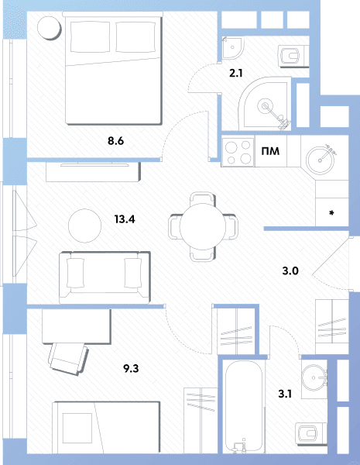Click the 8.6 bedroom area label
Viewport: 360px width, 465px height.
(115, 141)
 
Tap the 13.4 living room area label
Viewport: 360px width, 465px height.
(125, 219)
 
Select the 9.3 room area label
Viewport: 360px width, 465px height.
(131, 368)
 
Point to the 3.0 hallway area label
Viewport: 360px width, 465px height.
(290, 270)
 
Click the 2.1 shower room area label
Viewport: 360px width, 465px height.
(236, 73)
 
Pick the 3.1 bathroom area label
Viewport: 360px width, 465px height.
(285, 394)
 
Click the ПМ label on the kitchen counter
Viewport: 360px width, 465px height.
(270, 151)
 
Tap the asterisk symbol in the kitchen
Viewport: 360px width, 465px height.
(331, 213)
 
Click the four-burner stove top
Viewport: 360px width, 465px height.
(238, 152)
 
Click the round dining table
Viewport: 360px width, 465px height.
(203, 226)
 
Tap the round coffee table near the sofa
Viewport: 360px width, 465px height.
(84, 226)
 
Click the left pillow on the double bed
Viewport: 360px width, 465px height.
(90, 36)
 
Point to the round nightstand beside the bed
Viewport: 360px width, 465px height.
(49, 27)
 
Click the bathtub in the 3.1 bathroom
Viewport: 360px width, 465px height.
(244, 406)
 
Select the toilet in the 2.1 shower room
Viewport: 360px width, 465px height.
(290, 56)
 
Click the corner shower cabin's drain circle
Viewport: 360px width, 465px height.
(265, 106)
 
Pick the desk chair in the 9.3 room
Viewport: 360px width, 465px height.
(69, 358)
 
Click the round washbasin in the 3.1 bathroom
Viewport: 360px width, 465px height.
(314, 378)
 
